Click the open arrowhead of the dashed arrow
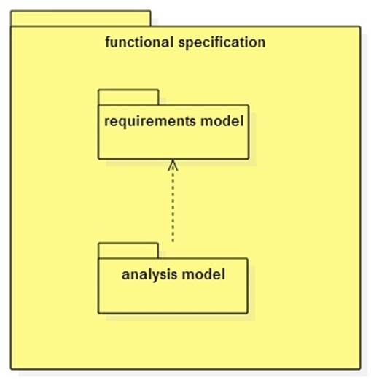(x=173, y=165)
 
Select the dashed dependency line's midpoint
(x=173, y=201)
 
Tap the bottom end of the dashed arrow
(x=173, y=241)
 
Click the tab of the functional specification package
(x=80, y=18)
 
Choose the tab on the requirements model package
(x=128, y=97)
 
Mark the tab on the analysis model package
(x=128, y=250)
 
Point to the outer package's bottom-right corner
(x=360, y=369)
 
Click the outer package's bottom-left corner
(x=10, y=369)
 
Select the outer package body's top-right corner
(x=360, y=27)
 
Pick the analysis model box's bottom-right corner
(x=248, y=314)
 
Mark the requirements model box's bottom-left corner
(x=99, y=158)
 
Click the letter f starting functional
(x=109, y=42)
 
